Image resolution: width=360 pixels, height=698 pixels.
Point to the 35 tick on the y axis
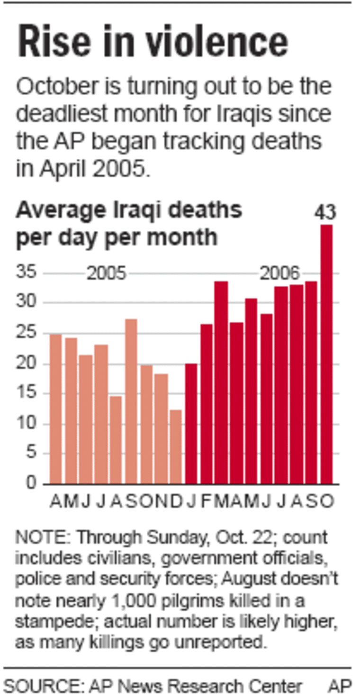[27, 273]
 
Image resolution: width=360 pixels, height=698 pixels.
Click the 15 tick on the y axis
[27, 394]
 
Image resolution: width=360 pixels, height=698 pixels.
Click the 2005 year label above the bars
[106, 274]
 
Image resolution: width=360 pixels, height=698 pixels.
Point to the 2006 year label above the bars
[280, 273]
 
